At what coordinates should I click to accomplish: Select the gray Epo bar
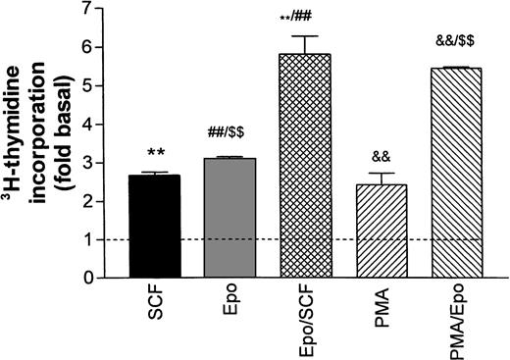228,218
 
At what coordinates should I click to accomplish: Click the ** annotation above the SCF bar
155,153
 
